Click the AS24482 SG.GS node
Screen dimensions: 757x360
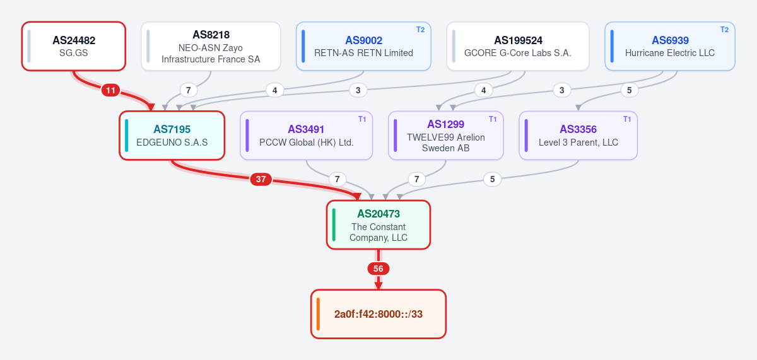(74, 46)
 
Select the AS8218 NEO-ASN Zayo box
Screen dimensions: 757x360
(211, 46)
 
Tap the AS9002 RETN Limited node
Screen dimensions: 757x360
(363, 46)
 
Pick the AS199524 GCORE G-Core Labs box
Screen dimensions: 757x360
(518, 46)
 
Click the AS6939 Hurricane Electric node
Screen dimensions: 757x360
(670, 46)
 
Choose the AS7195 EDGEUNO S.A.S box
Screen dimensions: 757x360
(172, 136)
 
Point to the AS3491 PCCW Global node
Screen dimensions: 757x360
(306, 136)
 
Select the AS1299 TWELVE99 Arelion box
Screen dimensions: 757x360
(446, 136)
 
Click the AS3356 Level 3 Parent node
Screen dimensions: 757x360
(578, 136)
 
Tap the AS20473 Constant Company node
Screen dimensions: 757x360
(378, 225)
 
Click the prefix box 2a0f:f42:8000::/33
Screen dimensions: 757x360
(378, 314)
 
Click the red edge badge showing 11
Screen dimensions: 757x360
(110, 90)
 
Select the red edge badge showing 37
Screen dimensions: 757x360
(261, 179)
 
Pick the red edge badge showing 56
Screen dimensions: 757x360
(378, 269)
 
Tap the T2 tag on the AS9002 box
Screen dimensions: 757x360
(420, 30)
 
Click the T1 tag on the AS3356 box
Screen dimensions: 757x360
(627, 119)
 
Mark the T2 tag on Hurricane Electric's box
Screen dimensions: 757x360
(725, 30)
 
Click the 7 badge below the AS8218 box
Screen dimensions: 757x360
(188, 90)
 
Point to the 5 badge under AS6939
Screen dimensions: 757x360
(630, 90)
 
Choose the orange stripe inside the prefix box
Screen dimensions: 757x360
(318, 314)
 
